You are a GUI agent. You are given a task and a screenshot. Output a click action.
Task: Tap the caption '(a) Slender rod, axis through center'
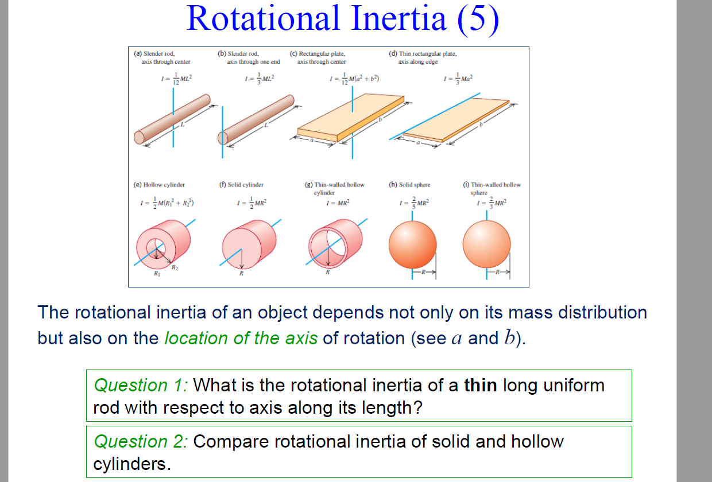(162, 57)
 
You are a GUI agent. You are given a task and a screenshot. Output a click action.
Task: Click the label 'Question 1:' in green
(141, 385)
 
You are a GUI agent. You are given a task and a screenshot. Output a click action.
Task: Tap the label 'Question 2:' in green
(141, 441)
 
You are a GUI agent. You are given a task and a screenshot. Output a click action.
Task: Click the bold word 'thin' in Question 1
(481, 385)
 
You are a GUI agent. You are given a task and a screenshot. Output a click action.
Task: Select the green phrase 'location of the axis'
(241, 338)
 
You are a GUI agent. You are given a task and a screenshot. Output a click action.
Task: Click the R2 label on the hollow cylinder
(174, 269)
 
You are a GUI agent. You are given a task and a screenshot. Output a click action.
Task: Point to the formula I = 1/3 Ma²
(460, 78)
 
